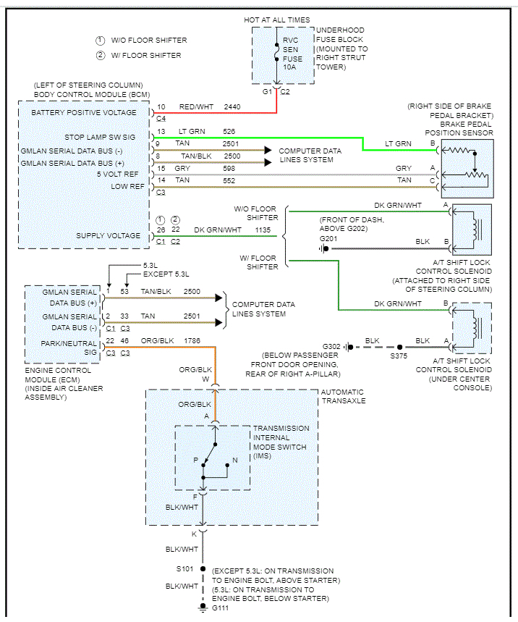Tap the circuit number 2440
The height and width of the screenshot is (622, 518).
(232, 107)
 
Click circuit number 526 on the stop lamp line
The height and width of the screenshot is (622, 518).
(229, 132)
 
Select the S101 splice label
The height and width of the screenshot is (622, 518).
(186, 569)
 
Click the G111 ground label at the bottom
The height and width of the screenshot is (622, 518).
(219, 609)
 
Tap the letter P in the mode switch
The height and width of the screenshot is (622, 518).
(195, 460)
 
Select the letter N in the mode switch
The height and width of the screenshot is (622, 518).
(234, 460)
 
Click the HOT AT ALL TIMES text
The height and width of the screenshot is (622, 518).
(278, 20)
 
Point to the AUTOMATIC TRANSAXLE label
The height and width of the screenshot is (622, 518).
(343, 396)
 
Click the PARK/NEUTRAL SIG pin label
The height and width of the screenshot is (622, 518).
(70, 347)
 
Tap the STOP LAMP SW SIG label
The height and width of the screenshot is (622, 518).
(100, 136)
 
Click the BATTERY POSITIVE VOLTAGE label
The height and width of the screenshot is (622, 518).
(84, 113)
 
